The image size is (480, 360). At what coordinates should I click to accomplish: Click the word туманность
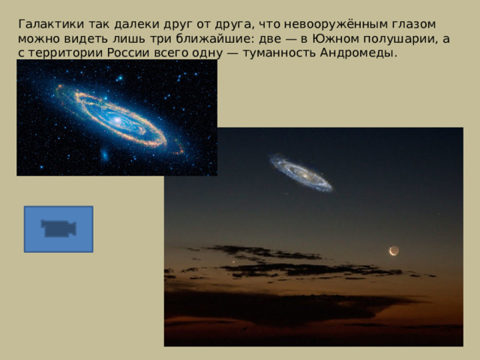[271, 55]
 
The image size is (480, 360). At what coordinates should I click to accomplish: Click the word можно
[37, 39]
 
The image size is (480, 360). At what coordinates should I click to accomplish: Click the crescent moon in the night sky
[394, 250]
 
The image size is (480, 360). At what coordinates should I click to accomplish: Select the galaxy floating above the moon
[301, 173]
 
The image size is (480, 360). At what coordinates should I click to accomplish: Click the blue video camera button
[58, 229]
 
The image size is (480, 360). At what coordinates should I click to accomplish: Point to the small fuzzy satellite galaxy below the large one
[105, 155]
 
